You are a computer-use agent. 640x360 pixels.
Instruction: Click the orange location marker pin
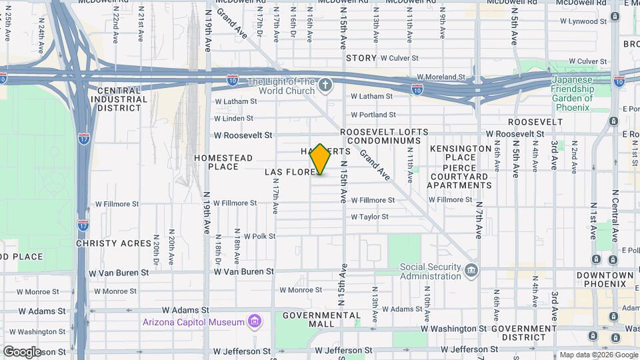[x=321, y=159]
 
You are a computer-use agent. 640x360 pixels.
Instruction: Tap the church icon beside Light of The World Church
[x=325, y=85]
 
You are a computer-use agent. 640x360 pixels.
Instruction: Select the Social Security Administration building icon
[x=472, y=270]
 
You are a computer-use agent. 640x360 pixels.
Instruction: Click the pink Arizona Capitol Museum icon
[x=254, y=323]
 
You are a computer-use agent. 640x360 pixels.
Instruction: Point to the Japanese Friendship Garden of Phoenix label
[x=571, y=93]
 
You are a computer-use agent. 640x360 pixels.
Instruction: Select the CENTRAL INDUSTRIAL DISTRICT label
[x=119, y=99]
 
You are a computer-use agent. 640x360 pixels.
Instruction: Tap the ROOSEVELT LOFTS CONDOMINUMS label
[x=381, y=137]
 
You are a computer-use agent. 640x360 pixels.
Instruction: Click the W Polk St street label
[x=259, y=236]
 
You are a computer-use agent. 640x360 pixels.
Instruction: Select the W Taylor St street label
[x=369, y=217]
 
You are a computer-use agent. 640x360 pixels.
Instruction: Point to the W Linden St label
[x=233, y=118]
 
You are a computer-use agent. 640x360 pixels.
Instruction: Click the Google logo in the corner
[x=22, y=351]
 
